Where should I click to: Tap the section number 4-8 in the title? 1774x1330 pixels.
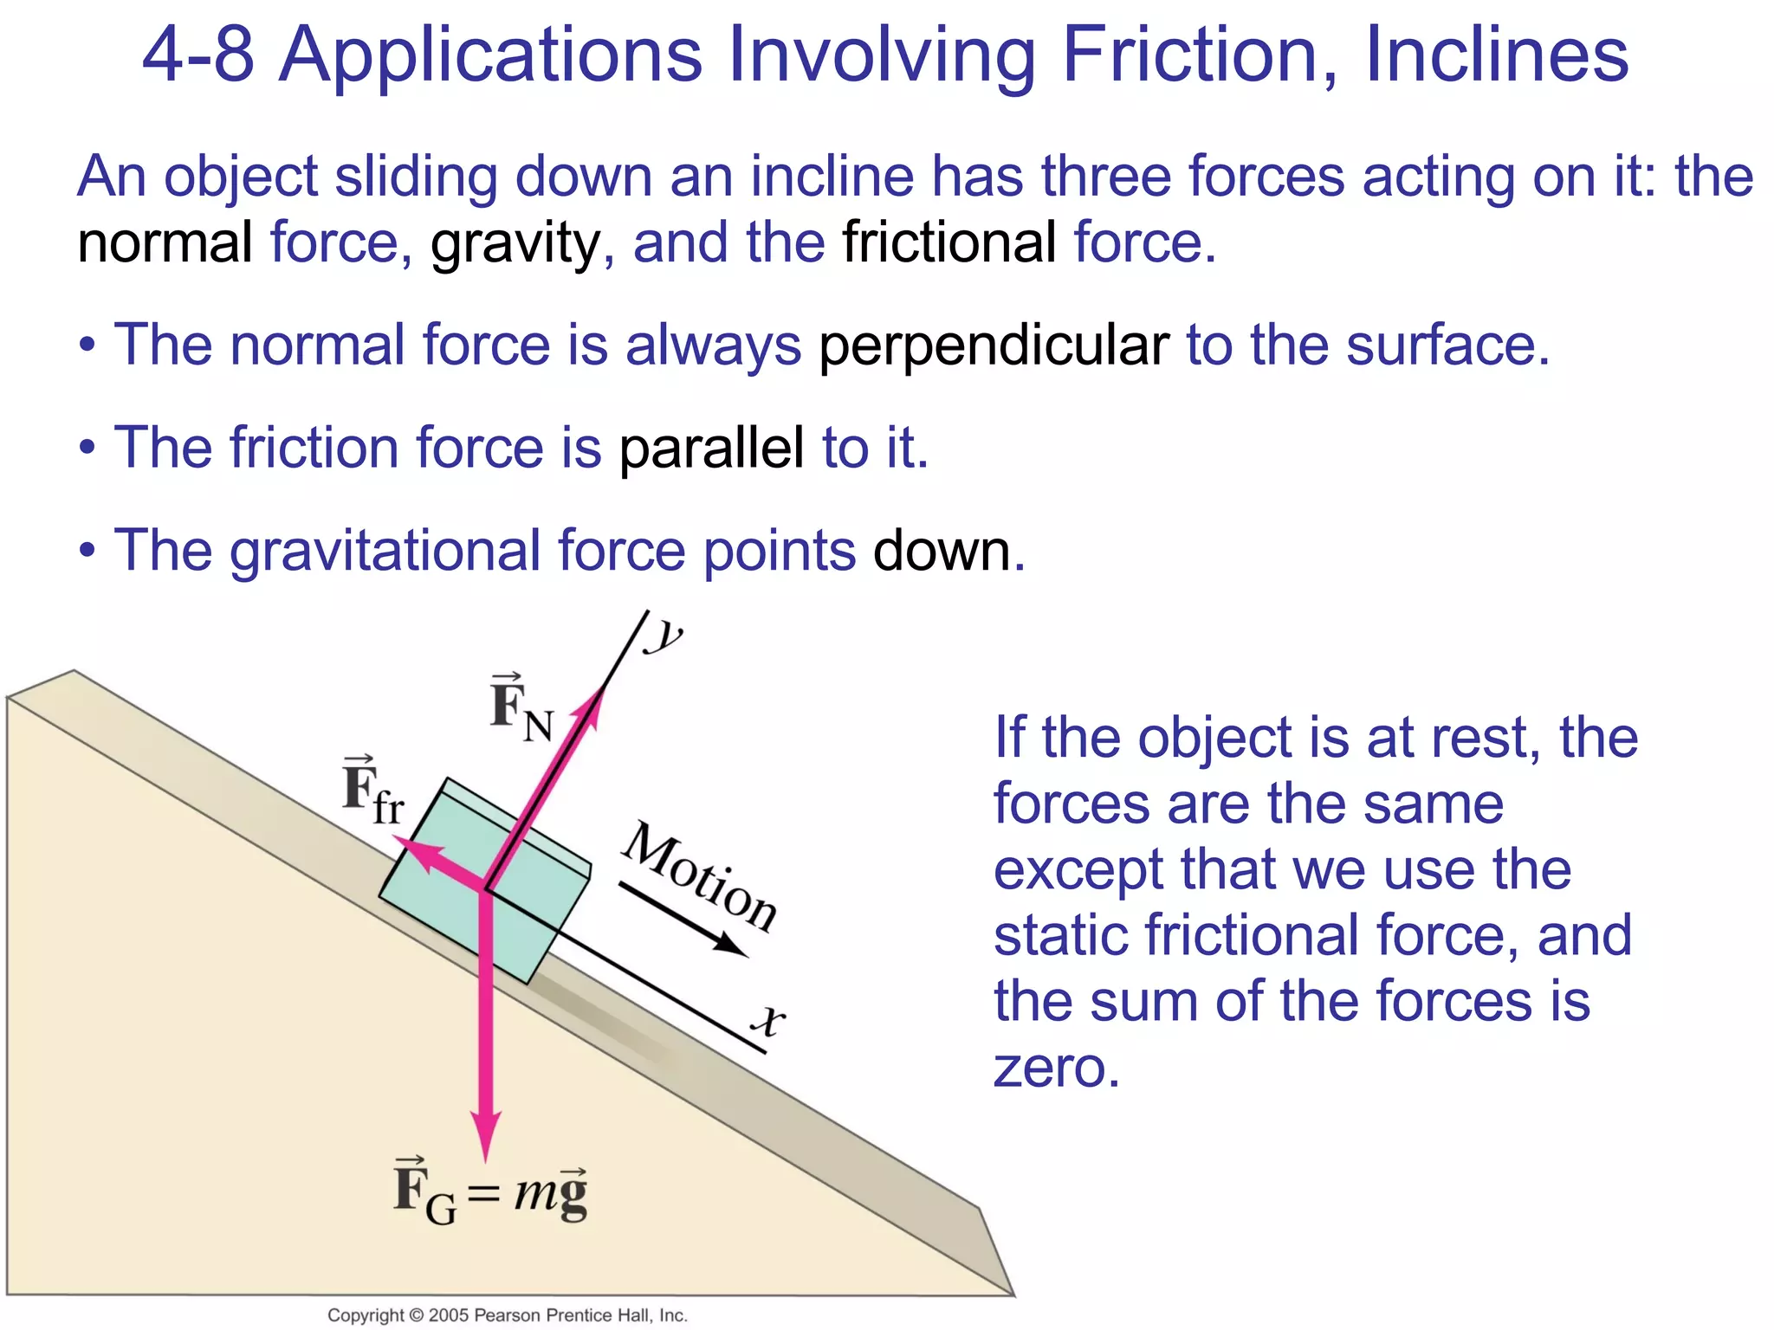(197, 55)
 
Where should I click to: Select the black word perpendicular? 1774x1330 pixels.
(994, 345)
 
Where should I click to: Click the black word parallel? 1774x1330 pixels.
(711, 449)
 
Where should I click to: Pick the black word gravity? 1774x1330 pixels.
(515, 243)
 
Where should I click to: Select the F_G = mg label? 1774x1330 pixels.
(490, 1192)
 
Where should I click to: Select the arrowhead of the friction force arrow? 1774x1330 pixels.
(405, 845)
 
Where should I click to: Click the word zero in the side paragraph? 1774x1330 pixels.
(1057, 1068)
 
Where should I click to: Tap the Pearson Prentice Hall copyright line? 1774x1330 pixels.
(507, 1315)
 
